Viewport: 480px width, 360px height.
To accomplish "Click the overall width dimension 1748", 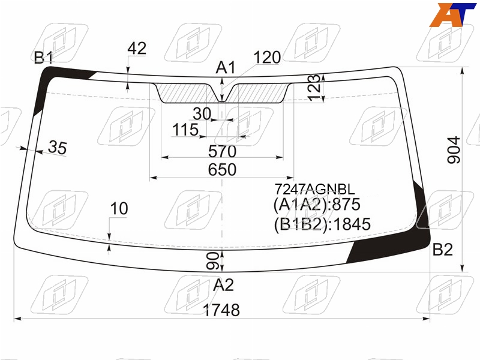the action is click(221, 310).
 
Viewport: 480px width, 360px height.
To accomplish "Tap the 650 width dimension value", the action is click(222, 170).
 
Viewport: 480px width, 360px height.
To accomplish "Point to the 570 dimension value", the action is click(222, 151).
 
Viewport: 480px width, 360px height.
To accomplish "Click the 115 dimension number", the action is click(185, 130).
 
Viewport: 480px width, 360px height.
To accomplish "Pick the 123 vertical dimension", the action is click(314, 88).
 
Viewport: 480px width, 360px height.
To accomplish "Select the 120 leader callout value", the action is click(267, 57).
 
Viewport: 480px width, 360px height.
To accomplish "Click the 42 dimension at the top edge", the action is click(137, 49).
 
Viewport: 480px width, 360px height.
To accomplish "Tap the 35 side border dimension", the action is click(57, 147).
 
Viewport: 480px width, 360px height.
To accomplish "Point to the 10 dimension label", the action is click(119, 208).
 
